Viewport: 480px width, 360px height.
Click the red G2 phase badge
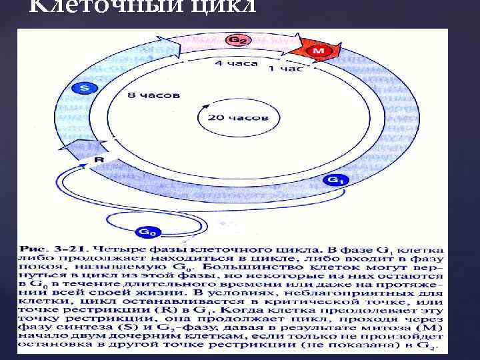[235, 41]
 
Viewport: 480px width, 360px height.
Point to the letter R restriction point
[99, 160]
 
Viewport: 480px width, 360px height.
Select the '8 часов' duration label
[153, 95]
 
